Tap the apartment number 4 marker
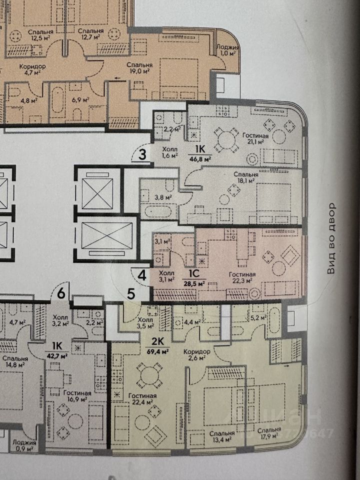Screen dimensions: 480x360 [x=142, y=274]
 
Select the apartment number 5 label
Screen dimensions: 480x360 [x=130, y=294]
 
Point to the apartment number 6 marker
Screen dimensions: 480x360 [x=61, y=294]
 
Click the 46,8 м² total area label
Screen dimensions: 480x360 [x=200, y=158]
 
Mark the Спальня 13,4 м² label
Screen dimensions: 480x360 [x=222, y=436]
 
